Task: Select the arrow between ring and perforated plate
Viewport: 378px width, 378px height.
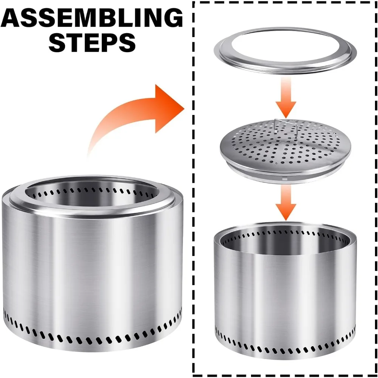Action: [286, 98]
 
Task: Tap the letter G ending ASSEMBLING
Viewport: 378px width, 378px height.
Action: [172, 18]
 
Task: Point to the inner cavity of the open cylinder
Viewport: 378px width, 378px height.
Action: [285, 241]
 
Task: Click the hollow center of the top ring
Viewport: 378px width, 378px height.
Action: [285, 48]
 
